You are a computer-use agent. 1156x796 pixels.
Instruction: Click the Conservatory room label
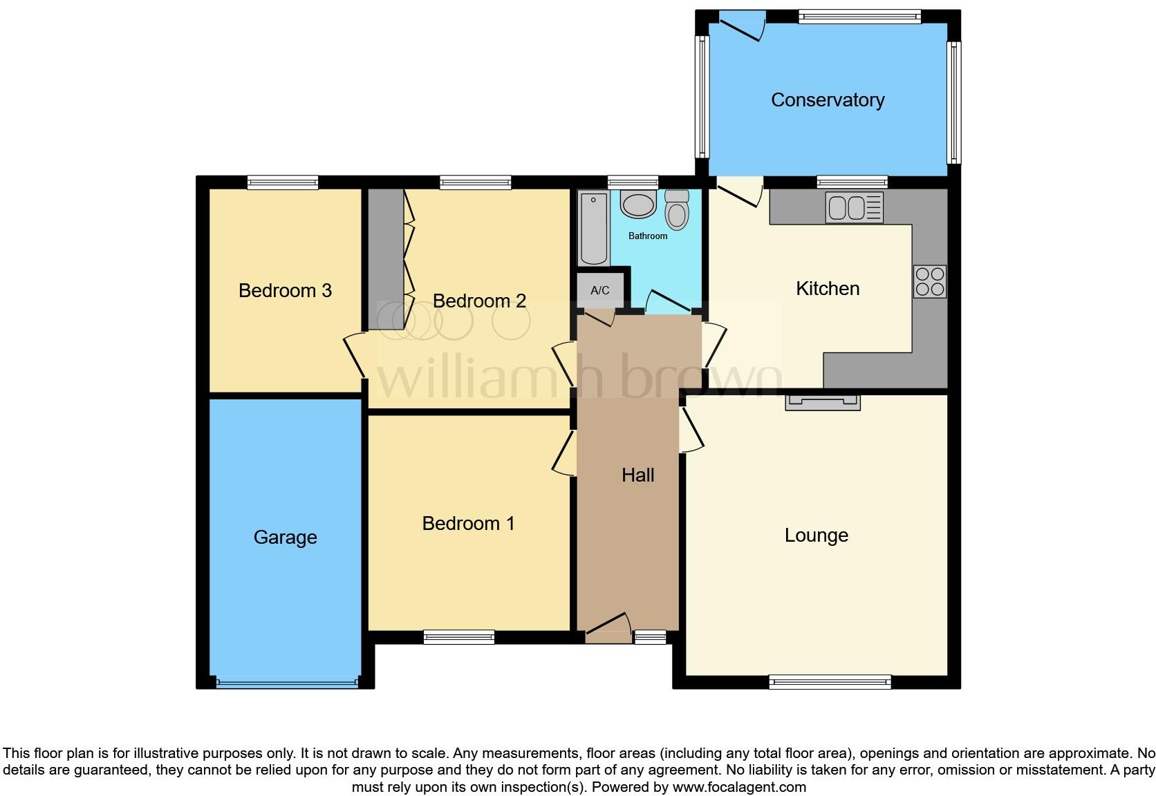tap(827, 100)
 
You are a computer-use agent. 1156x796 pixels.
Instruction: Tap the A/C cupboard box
tap(600, 290)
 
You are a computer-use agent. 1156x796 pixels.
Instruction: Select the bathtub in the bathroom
tap(593, 229)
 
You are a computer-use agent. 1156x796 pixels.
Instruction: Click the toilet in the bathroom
tap(677, 209)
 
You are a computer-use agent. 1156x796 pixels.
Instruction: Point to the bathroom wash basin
tap(637, 205)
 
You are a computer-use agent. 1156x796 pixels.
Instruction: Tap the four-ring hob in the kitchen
tap(929, 281)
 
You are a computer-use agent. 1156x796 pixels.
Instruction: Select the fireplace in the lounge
tap(822, 402)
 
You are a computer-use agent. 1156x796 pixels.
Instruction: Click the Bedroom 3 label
tap(285, 290)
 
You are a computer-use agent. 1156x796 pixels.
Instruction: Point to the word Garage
tap(285, 537)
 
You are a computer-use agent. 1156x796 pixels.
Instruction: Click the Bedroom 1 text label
tap(468, 523)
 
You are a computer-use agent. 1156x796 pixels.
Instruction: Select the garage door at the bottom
tap(287, 683)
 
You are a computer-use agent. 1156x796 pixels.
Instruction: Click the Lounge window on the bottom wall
tap(829, 682)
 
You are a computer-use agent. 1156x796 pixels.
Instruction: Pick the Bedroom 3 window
tap(283, 182)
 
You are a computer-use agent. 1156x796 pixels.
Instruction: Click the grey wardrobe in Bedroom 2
tap(385, 259)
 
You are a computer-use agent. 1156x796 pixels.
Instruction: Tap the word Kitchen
tap(827, 288)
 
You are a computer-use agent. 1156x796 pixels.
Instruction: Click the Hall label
tap(637, 475)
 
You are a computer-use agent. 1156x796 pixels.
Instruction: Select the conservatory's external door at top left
tap(741, 24)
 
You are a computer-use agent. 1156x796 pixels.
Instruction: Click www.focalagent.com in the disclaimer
tap(738, 786)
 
